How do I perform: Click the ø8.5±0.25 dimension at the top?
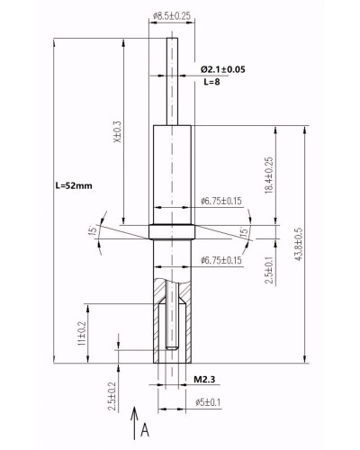172,16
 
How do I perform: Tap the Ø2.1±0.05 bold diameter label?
223,69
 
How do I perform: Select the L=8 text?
211,82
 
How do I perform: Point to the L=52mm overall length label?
74,185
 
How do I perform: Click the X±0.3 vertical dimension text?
118,131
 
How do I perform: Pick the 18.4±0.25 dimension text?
269,175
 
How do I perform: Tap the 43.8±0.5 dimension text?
299,244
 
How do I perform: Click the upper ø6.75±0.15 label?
221,201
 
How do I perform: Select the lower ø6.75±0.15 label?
221,260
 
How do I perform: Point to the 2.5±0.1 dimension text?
269,270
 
